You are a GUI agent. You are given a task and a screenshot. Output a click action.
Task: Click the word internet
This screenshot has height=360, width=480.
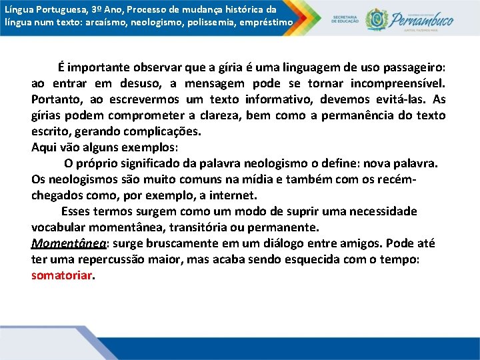point(233,195)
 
